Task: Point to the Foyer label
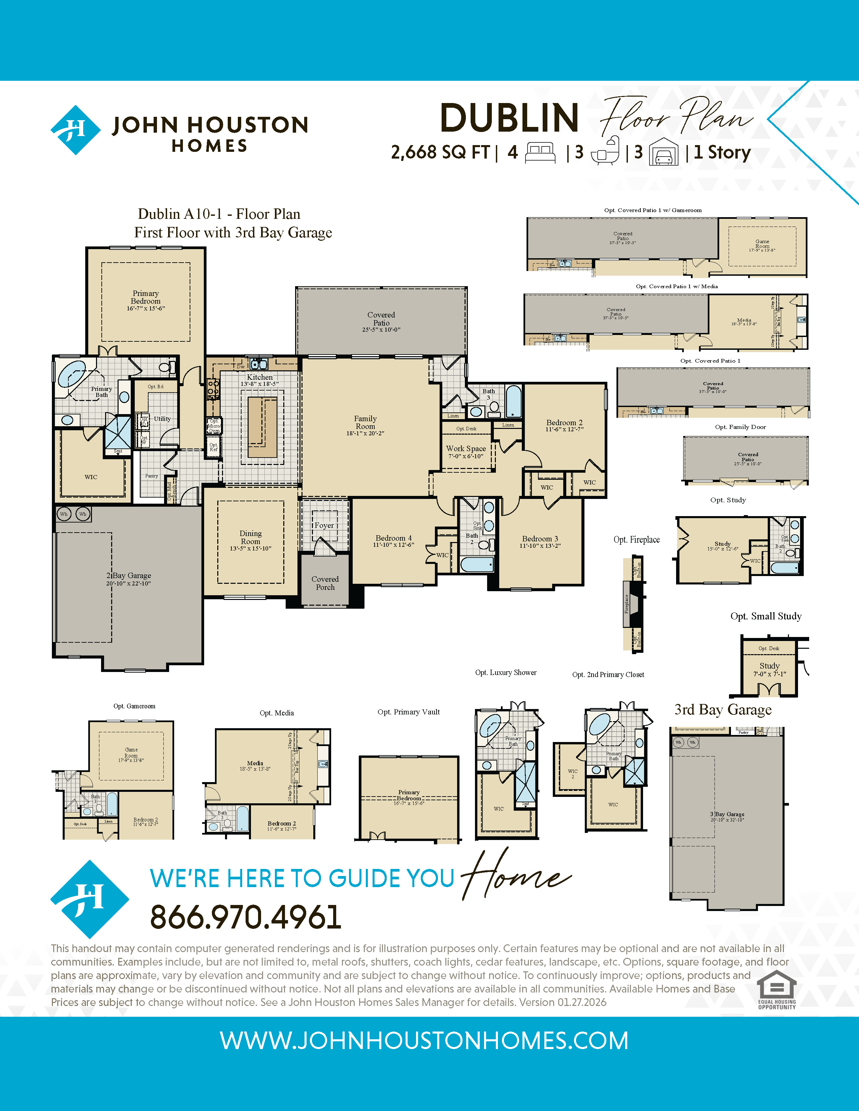click(x=324, y=526)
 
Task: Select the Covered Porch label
click(x=325, y=583)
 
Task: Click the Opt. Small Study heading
click(x=766, y=616)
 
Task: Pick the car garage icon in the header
click(x=664, y=152)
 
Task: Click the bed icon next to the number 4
click(x=540, y=153)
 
